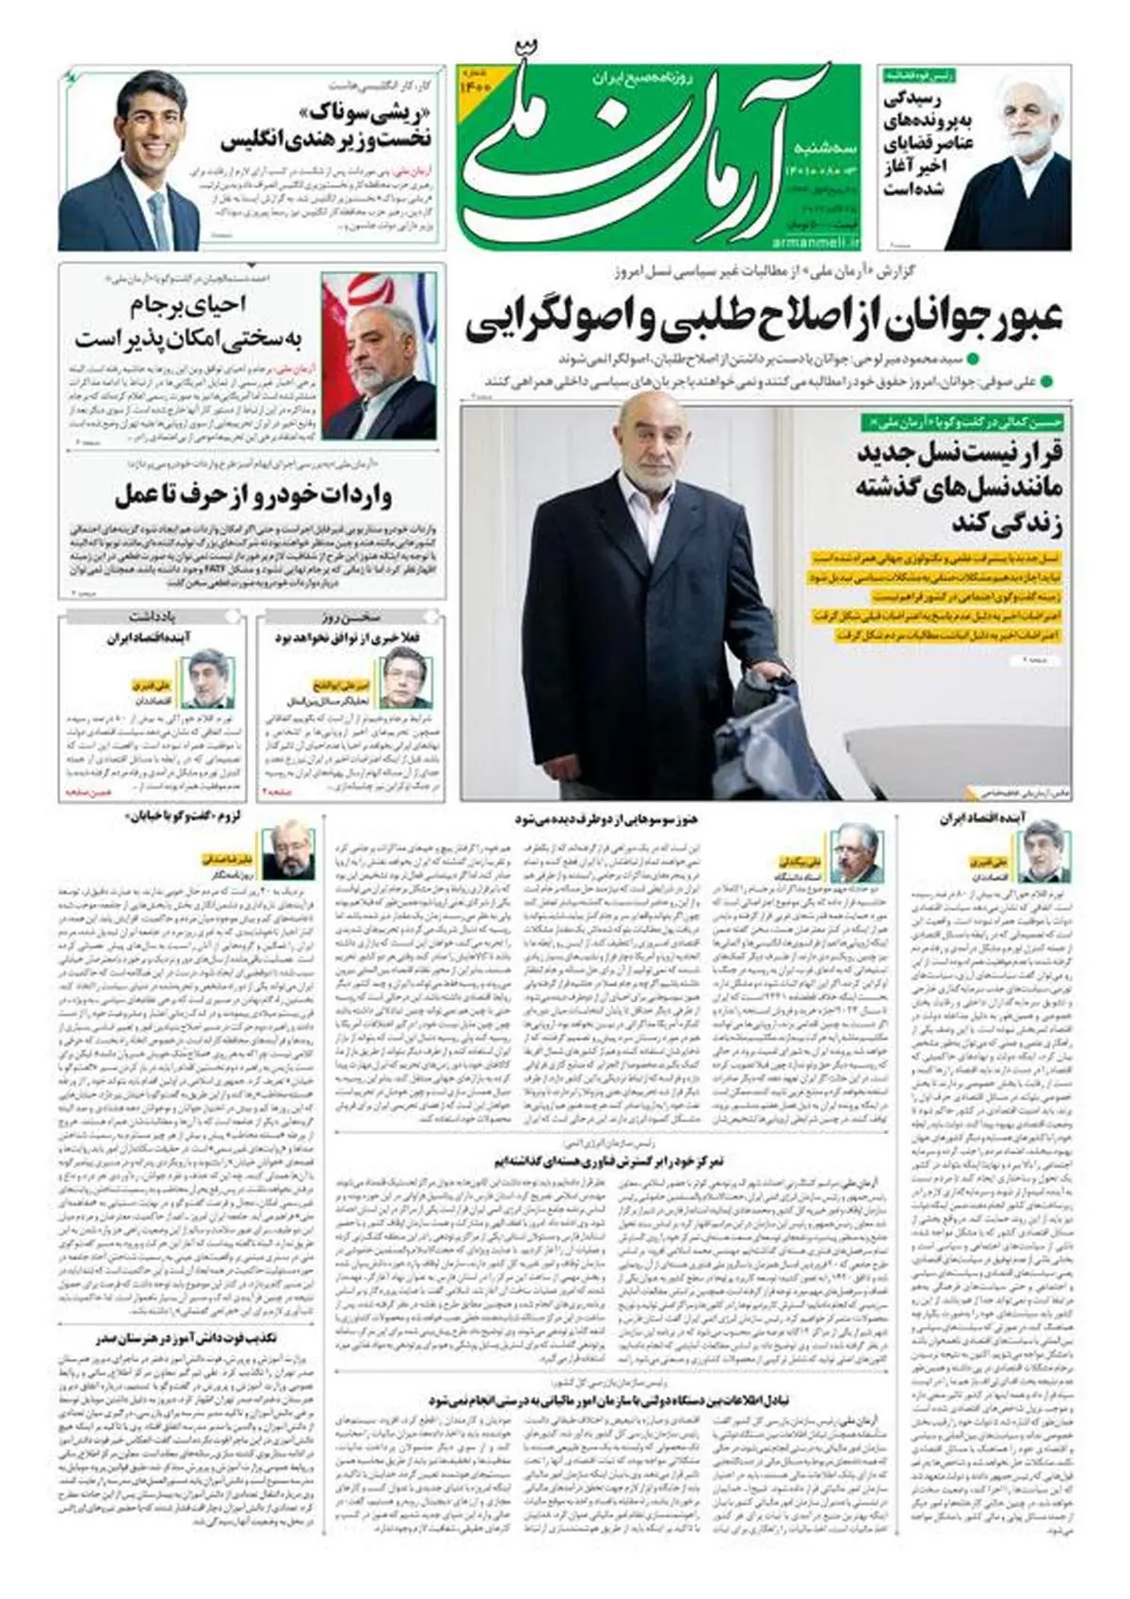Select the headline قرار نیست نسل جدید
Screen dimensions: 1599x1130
(960, 487)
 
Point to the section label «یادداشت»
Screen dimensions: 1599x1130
(153, 617)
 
